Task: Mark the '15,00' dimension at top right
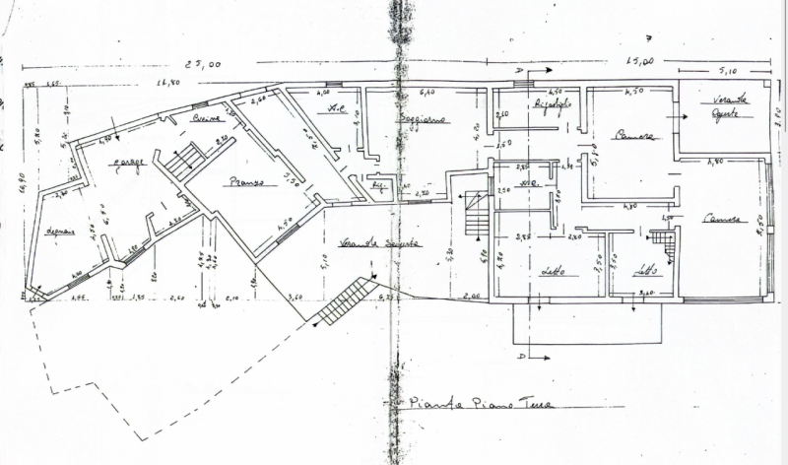click(x=642, y=62)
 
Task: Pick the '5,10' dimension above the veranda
click(x=729, y=71)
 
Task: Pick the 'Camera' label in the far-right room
click(x=720, y=220)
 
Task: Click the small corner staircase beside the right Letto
click(x=663, y=242)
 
